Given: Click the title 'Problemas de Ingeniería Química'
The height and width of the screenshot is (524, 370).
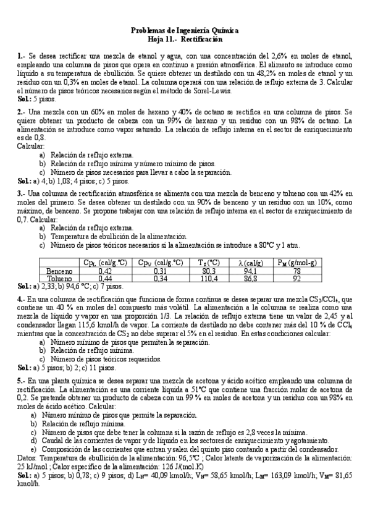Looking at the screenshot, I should (185, 30).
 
